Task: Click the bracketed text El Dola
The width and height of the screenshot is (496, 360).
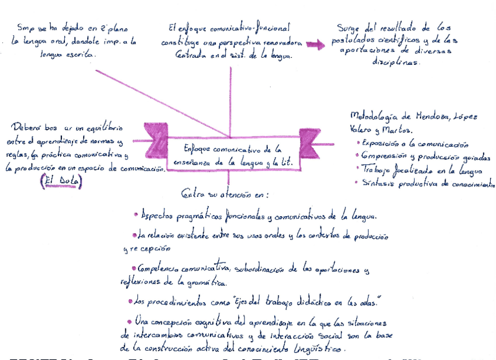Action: tap(61, 182)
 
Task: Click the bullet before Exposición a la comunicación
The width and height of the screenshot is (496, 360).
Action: tap(358, 142)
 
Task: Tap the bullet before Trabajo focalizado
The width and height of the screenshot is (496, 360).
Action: tap(358, 169)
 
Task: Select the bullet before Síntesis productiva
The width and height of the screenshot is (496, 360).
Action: tap(358, 182)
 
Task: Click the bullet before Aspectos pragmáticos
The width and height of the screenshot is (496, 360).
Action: tap(136, 214)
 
